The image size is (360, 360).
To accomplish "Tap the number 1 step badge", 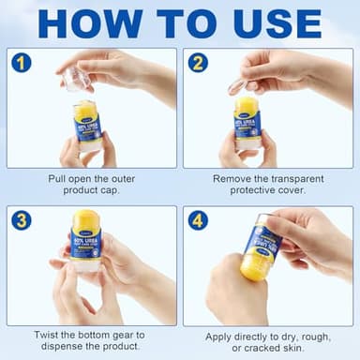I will (22, 63).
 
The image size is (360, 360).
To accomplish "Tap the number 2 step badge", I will (198, 63).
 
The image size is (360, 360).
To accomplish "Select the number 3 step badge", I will (22, 220).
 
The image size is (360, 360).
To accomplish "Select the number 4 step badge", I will (198, 220).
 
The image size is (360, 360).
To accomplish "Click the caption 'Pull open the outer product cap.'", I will (91, 185).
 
